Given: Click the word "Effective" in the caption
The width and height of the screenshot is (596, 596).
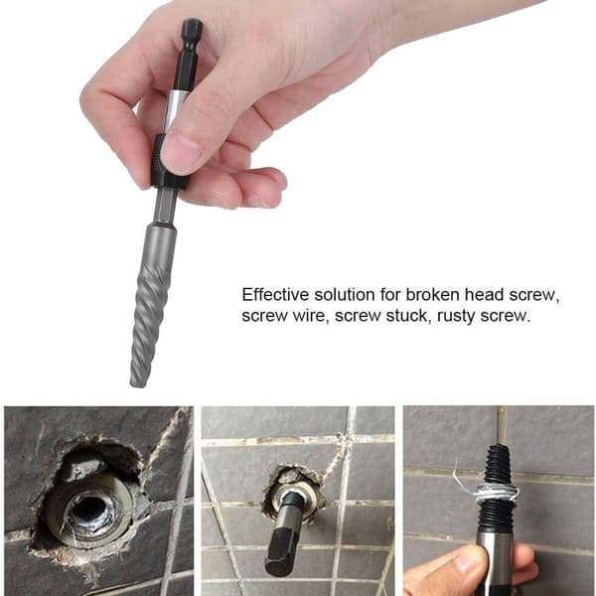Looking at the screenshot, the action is pos(275,295).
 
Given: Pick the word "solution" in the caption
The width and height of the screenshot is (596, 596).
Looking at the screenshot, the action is pos(345,295).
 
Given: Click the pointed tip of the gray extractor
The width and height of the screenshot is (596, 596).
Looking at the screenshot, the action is pos(138,383).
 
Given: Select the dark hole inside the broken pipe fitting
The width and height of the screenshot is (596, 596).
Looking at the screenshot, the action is pos(87,511).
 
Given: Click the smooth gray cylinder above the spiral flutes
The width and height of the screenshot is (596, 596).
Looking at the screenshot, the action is pos(160,244).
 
